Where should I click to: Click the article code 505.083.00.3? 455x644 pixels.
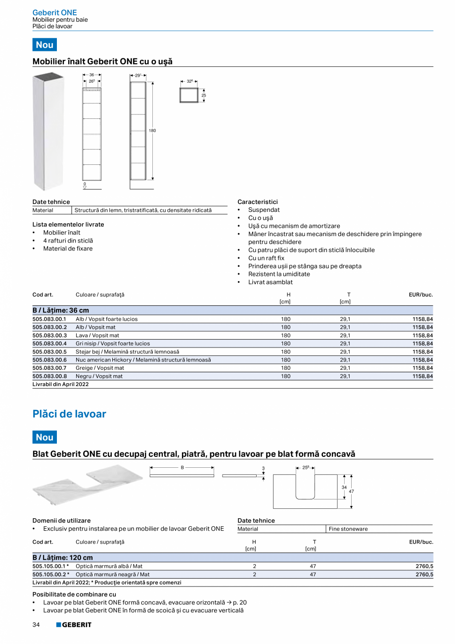49,335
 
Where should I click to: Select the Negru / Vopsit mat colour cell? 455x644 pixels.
99,376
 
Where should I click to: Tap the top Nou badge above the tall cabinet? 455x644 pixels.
45,45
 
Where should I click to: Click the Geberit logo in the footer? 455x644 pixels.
74,625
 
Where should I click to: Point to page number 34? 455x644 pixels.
36,625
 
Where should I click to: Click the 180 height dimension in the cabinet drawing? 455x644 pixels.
152,131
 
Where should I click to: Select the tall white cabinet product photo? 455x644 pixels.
48,131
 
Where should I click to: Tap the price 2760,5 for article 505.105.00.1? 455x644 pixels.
424,566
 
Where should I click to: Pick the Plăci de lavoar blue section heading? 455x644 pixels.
69,414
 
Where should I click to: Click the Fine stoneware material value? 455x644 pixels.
348,529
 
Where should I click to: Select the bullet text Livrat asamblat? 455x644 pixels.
270,282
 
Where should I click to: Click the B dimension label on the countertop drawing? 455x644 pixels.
182,467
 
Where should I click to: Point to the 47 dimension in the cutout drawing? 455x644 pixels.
351,491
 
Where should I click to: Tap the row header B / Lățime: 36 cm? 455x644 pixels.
61,310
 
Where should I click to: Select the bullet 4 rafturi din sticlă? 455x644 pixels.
68,241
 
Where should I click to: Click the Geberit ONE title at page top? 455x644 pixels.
54,12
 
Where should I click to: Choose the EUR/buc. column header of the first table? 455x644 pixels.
420,295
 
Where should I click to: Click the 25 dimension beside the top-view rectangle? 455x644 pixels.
203,95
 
